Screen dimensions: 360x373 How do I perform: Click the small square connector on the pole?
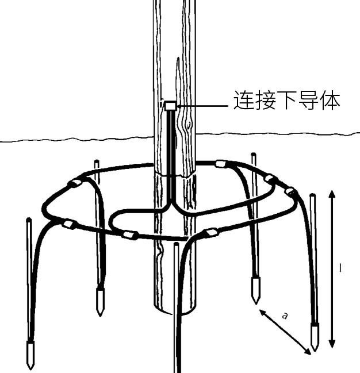click(170, 106)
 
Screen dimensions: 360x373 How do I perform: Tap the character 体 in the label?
click(329, 101)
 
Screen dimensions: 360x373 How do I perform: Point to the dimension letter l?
click(341, 268)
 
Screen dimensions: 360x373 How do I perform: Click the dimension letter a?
click(284, 316)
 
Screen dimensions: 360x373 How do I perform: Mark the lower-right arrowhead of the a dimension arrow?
click(309, 352)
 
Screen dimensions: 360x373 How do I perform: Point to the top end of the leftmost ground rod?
click(28, 220)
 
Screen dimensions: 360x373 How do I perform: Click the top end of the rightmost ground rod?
click(313, 196)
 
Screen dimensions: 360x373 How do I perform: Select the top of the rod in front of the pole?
click(176, 245)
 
